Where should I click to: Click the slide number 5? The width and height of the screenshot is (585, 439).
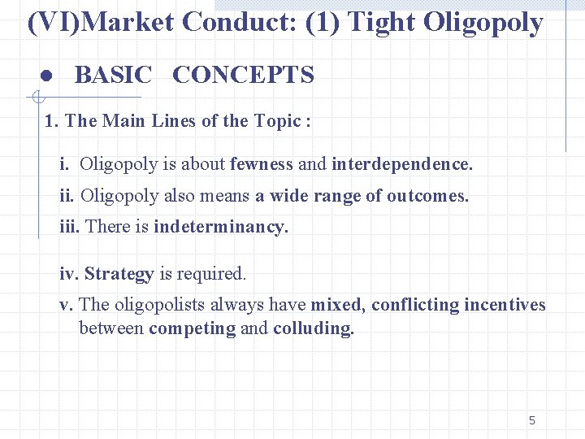[x=531, y=420]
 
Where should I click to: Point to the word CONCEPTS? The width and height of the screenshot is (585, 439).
[x=243, y=76]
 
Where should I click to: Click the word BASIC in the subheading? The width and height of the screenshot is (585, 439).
[x=113, y=76]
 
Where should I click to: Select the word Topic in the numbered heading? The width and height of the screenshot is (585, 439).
[x=277, y=121]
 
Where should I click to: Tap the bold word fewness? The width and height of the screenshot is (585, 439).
[x=262, y=164]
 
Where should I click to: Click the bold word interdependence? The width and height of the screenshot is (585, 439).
[x=401, y=164]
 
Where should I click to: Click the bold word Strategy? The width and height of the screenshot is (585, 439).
[x=119, y=274]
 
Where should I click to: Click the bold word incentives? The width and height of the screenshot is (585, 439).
[x=505, y=305]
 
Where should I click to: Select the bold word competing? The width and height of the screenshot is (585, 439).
[x=192, y=329]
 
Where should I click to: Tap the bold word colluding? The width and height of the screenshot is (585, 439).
[x=314, y=329]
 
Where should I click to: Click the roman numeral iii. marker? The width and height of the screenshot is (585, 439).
[x=70, y=227]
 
